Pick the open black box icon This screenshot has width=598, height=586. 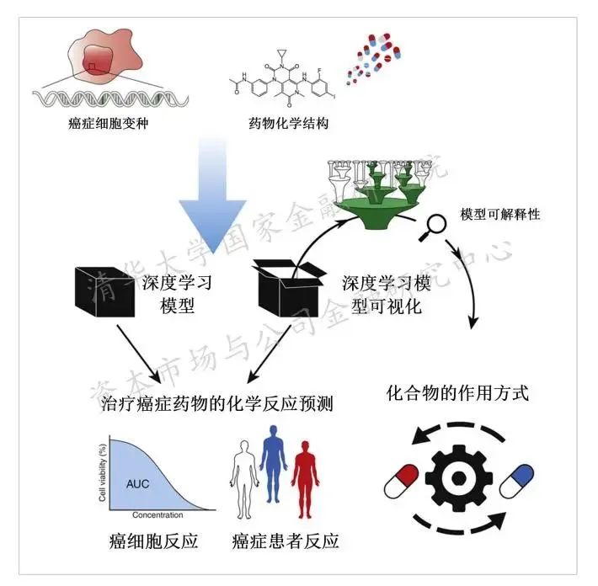(291, 291)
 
